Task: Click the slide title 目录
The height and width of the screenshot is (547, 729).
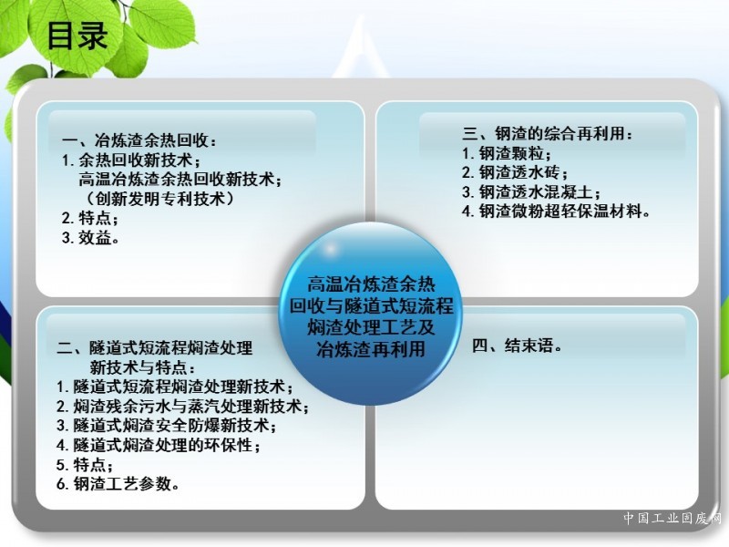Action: (77, 36)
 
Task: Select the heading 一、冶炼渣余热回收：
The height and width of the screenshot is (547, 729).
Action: (139, 140)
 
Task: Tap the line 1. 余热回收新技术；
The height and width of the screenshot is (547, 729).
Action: (132, 160)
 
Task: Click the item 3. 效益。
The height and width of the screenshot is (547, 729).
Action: (90, 238)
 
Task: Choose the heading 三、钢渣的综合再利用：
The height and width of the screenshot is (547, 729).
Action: (548, 133)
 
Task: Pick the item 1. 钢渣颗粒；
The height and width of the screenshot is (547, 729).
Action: (507, 153)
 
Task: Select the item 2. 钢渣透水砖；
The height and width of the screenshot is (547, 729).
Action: (515, 172)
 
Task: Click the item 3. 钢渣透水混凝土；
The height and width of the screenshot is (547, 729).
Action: (531, 191)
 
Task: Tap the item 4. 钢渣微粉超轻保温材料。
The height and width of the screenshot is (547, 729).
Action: (556, 212)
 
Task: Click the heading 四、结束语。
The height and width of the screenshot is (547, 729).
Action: (517, 346)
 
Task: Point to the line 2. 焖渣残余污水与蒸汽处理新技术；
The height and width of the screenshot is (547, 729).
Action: (183, 406)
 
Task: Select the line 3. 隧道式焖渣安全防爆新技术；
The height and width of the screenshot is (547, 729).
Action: (167, 425)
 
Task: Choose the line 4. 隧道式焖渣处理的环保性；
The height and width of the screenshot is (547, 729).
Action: (158, 445)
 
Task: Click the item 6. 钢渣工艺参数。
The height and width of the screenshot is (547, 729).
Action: (118, 484)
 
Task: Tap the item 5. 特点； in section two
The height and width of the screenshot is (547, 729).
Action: (85, 464)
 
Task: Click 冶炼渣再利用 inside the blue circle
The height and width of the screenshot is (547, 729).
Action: (371, 349)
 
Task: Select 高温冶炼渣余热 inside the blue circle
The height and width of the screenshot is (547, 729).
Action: (371, 284)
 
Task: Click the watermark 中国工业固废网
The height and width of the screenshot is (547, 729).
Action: (673, 518)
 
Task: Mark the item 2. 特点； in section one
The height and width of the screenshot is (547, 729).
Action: (89, 218)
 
